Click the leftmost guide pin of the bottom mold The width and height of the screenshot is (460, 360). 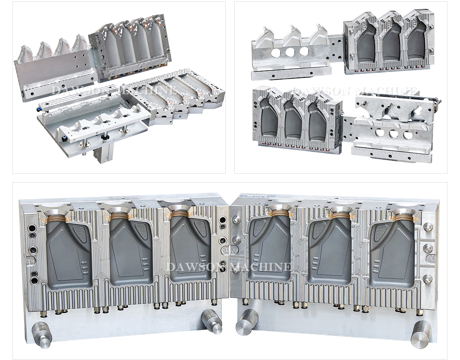(x=42, y=334)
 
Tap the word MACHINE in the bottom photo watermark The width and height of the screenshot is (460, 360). (x=261, y=267)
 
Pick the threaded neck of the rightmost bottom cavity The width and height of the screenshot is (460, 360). (x=404, y=218)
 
